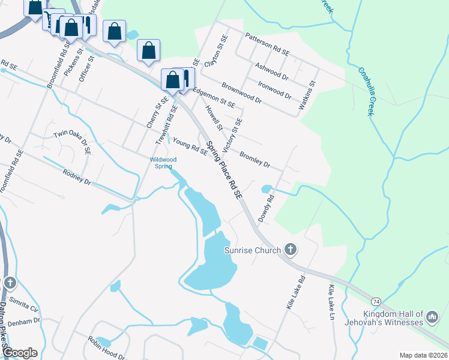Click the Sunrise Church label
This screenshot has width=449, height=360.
tap(252, 250)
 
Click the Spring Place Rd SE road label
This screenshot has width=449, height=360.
tap(224, 170)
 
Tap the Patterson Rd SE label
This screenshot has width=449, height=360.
tap(267, 45)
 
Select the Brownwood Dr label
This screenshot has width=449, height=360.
tap(241, 93)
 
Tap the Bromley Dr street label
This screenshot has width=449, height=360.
tap(255, 160)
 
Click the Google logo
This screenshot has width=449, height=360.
tap(20, 353)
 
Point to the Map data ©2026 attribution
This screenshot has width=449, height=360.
tap(423, 355)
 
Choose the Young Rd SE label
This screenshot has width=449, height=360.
tap(190, 146)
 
